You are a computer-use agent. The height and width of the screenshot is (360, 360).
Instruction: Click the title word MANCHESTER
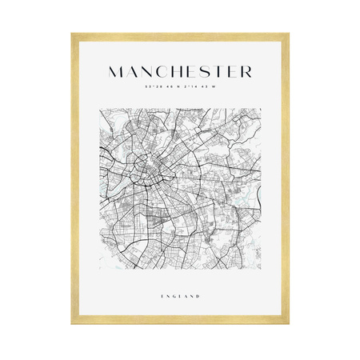pos(179,72)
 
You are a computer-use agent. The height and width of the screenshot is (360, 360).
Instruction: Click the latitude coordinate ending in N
pos(159,87)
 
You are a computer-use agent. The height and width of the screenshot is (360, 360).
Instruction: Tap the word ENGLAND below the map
pos(180,297)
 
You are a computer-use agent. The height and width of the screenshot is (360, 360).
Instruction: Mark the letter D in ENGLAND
pos(198,297)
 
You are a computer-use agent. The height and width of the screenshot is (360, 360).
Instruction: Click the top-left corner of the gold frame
pos(72,34)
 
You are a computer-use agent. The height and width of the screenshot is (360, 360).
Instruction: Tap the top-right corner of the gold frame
pos(288,34)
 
